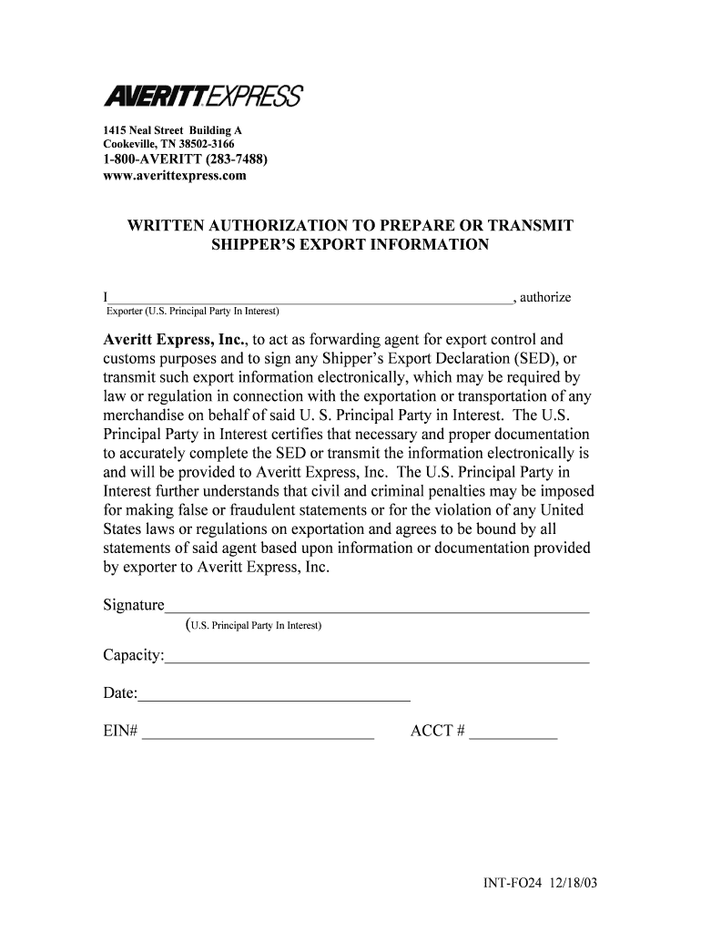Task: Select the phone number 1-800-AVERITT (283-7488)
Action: coord(185,160)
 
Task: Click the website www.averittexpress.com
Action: coord(174,176)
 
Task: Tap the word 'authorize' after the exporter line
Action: coord(544,297)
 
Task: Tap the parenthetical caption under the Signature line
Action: coord(253,626)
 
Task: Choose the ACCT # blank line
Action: coord(513,733)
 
